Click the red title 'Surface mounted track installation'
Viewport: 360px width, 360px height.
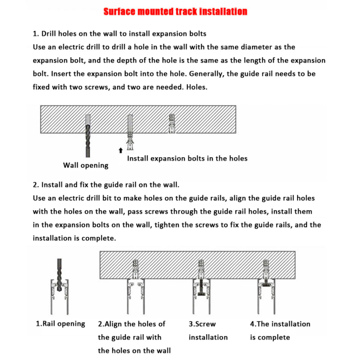click(175, 12)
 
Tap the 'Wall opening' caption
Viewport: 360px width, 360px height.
click(85, 165)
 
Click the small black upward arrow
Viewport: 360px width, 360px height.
click(121, 150)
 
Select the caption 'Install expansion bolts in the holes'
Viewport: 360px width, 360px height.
click(187, 159)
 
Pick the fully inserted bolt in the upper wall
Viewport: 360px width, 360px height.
click(172, 124)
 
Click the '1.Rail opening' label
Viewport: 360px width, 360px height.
click(60, 324)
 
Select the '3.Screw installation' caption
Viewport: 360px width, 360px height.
click(208, 330)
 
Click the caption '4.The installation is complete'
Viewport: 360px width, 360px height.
click(280, 330)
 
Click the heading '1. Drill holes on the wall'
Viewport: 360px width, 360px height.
click(120, 34)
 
